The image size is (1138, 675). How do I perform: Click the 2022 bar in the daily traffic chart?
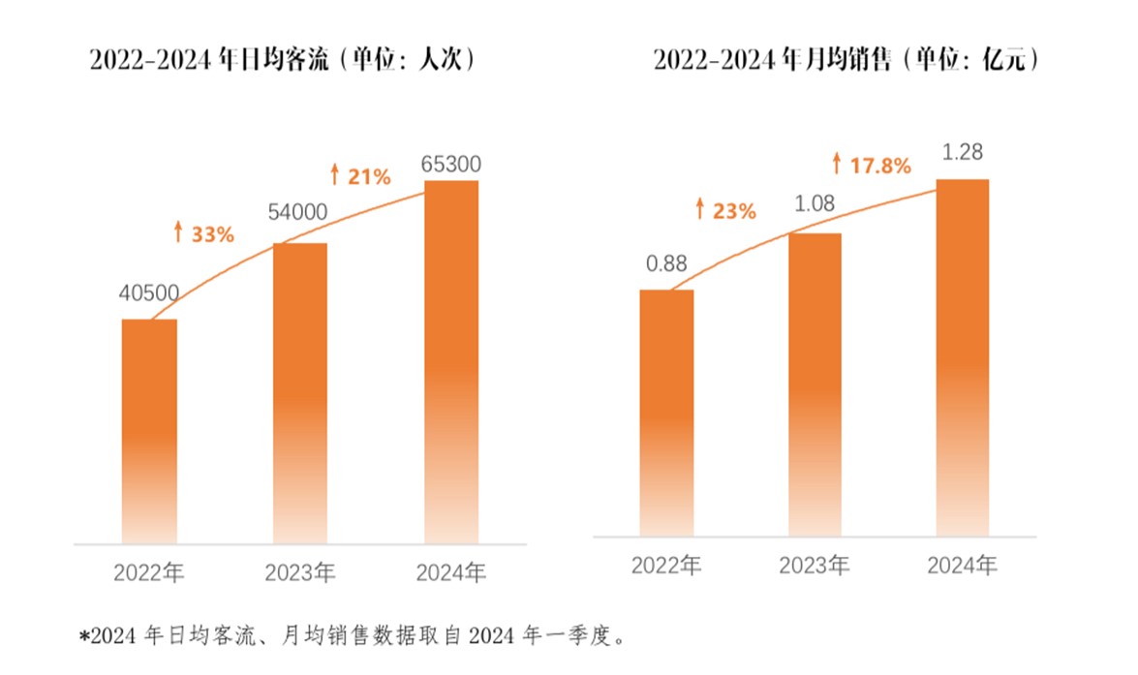(149, 430)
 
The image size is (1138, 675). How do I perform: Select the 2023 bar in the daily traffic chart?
(300, 392)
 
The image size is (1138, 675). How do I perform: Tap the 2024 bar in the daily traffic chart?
(452, 361)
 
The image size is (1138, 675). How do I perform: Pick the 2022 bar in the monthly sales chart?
(666, 412)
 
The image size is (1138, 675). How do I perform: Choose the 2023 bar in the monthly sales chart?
(815, 384)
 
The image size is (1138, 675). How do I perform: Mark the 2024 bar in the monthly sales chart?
(963, 356)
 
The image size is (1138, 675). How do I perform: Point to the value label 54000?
(299, 213)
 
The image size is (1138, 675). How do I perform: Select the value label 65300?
(451, 164)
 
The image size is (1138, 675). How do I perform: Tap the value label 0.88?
(666, 263)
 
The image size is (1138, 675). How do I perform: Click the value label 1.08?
(815, 204)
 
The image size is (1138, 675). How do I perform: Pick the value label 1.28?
(963, 152)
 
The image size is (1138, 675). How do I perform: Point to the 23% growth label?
(725, 210)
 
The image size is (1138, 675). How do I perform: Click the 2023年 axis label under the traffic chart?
(300, 572)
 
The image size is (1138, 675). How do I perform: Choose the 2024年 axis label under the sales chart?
(962, 566)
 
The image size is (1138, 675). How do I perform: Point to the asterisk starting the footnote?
(84, 637)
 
